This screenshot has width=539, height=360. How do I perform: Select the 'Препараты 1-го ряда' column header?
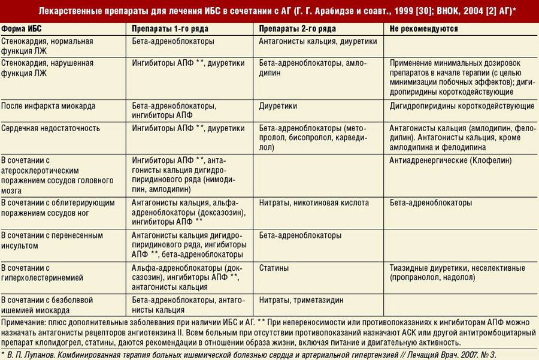169,29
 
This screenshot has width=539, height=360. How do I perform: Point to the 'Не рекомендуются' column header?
423,29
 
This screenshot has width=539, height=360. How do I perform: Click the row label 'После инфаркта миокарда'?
48,106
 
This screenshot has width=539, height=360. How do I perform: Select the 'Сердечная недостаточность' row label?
50,128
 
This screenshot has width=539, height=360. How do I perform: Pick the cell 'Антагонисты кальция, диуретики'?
318,42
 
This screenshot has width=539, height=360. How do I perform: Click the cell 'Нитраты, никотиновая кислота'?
314,203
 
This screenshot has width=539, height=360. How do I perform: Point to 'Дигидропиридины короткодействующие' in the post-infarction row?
462,106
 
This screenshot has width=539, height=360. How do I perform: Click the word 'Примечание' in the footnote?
23,322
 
